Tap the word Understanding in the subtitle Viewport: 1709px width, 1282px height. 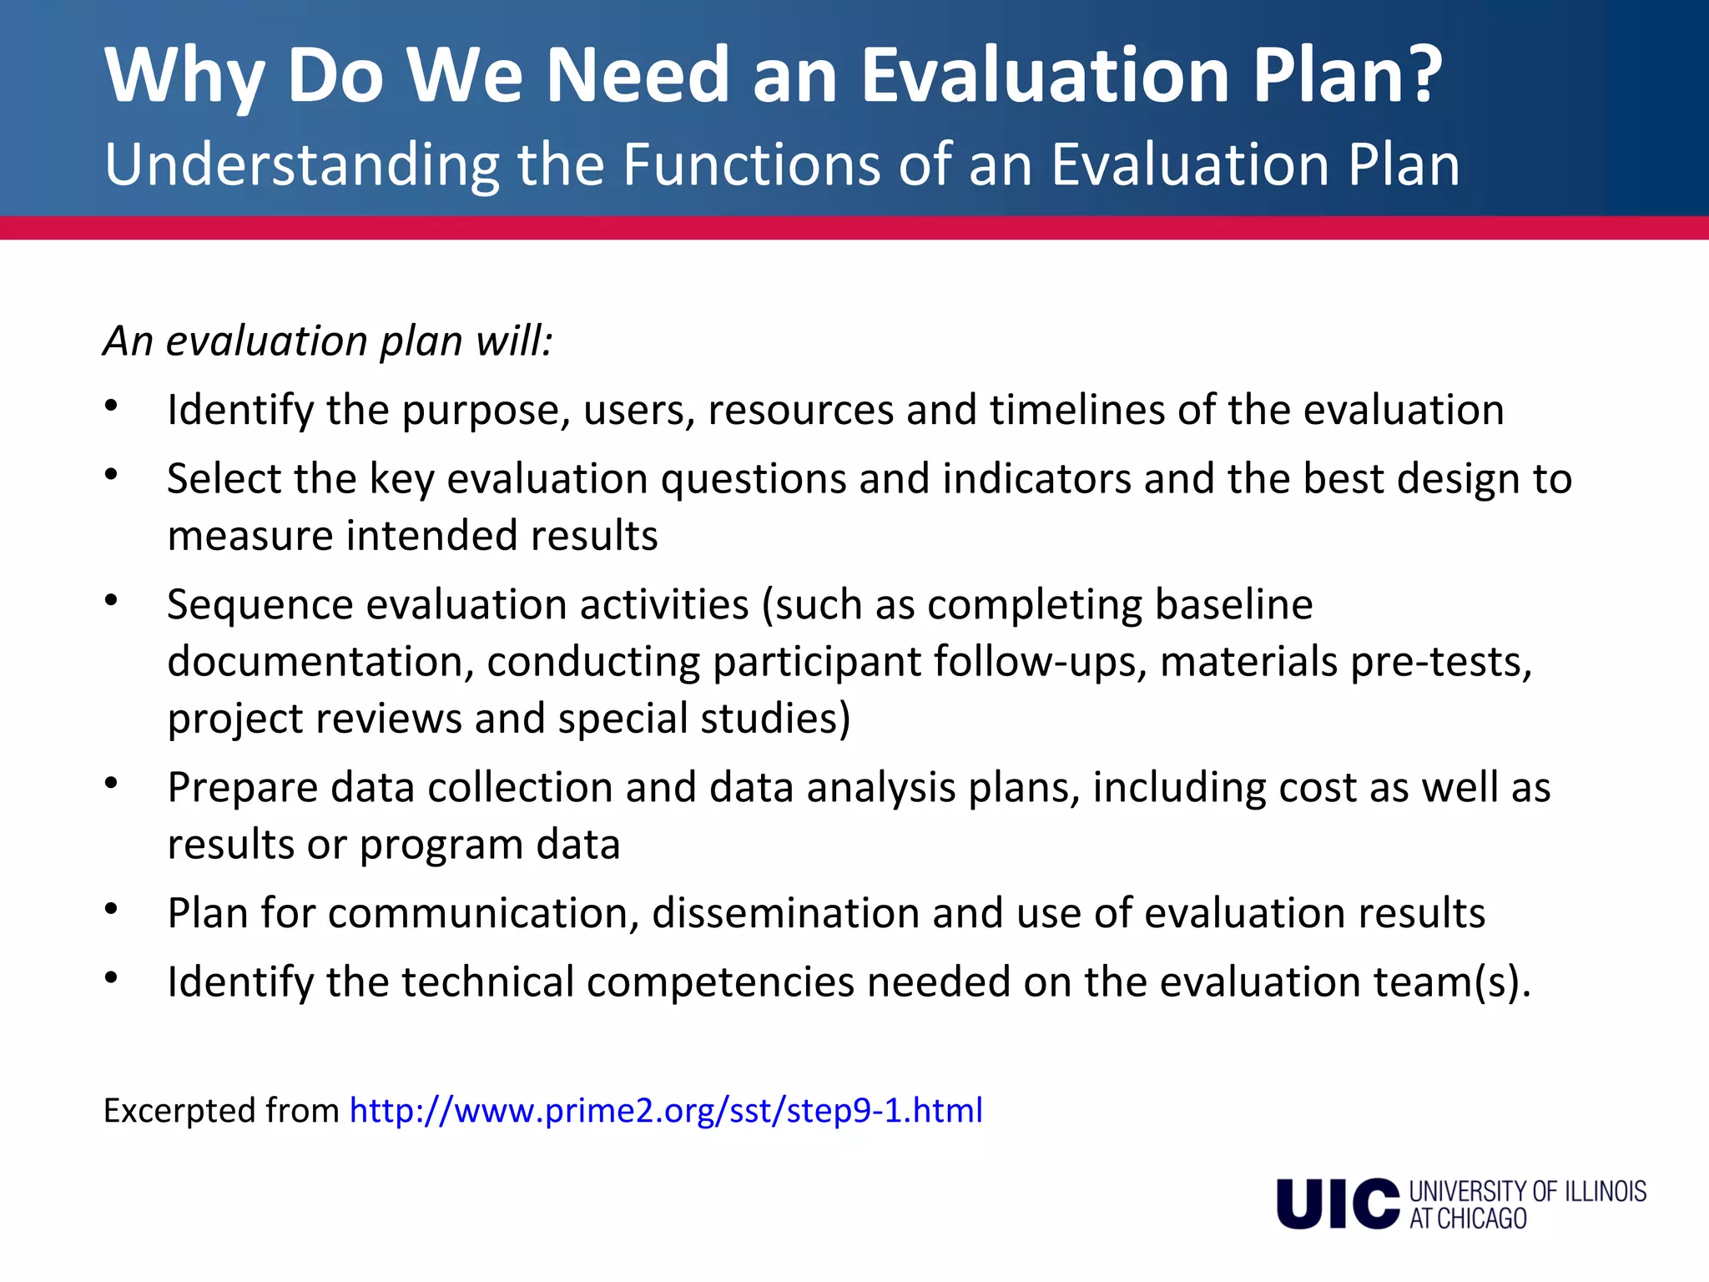tap(301, 165)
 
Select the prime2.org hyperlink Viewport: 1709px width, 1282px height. tap(666, 1111)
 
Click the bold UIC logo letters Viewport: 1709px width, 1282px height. tap(1337, 1204)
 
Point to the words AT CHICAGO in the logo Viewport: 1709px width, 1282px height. tap(1468, 1219)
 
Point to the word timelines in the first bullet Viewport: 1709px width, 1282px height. tap(1077, 410)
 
